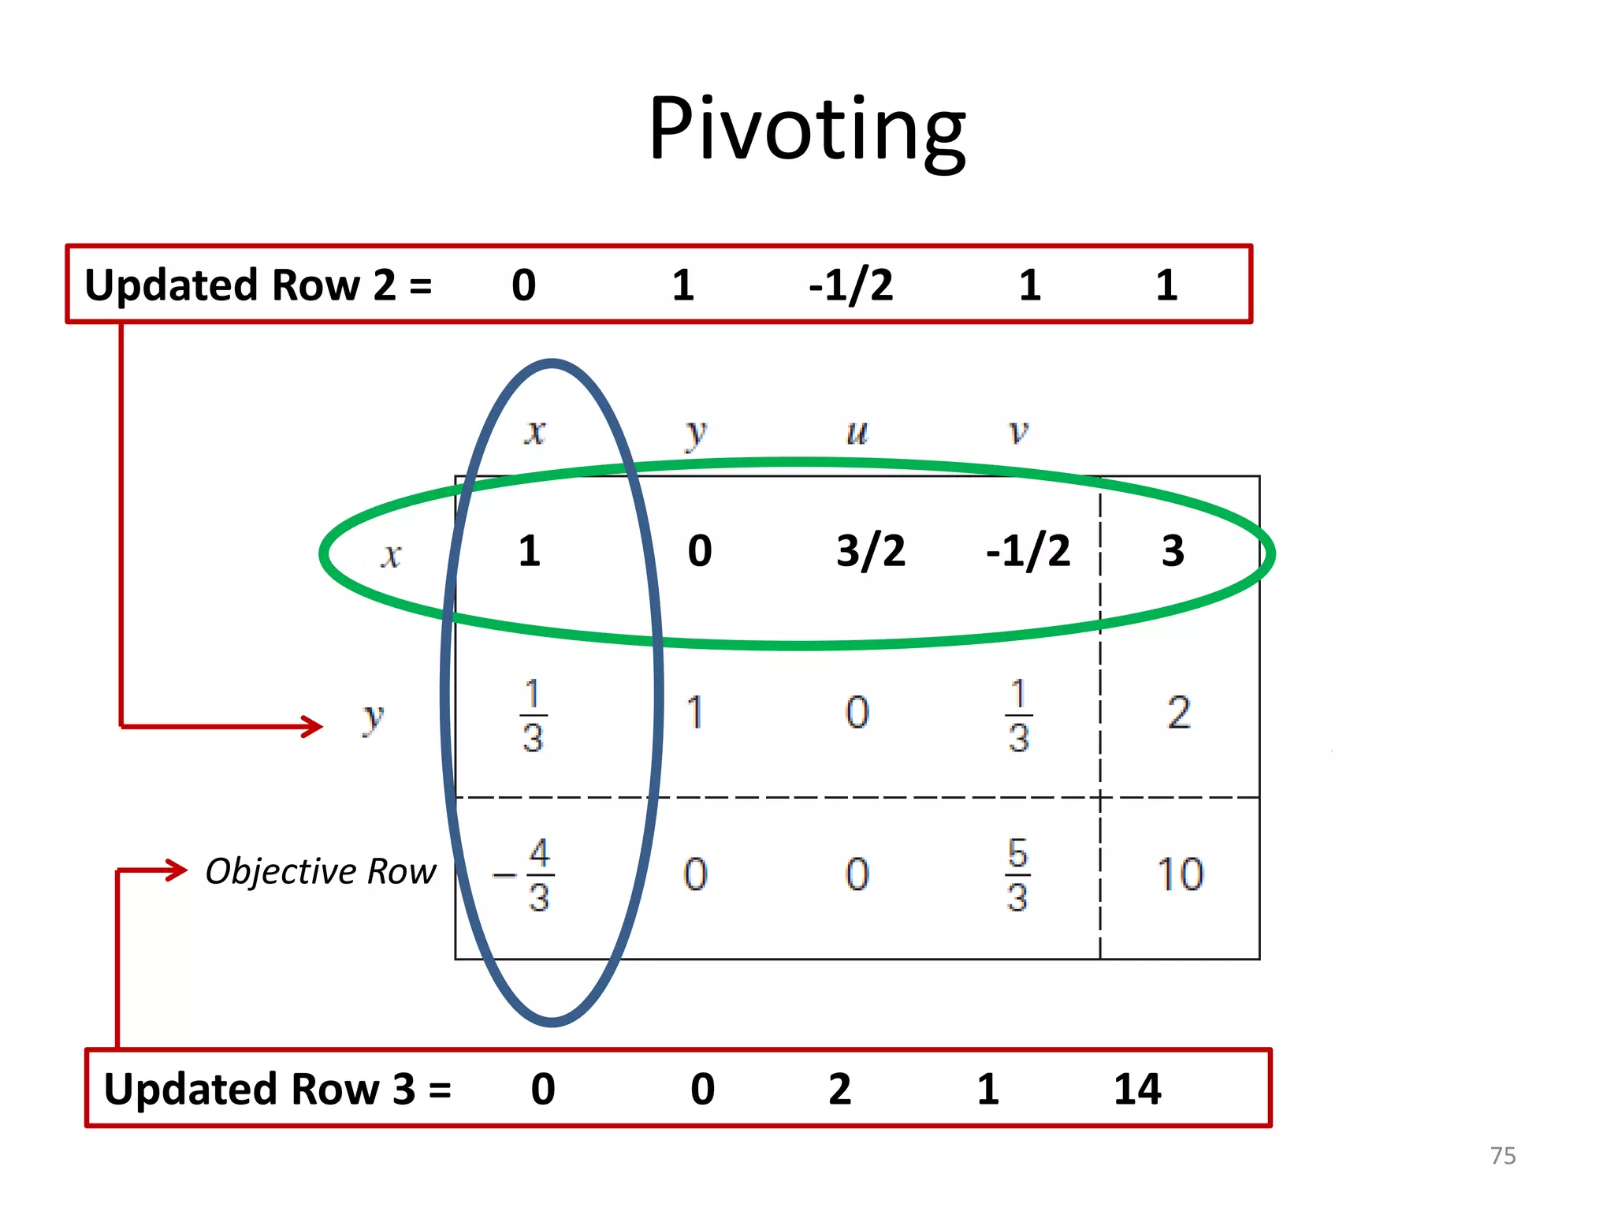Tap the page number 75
pyautogui.click(x=1503, y=1156)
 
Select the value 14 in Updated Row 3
pyautogui.click(x=1137, y=1089)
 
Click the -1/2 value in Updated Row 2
pyautogui.click(x=851, y=285)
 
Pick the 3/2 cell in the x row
pyautogui.click(x=871, y=550)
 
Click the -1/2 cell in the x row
pyautogui.click(x=1028, y=550)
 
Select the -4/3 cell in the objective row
pyautogui.click(x=526, y=875)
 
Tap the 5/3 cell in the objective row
pyautogui.click(x=1017, y=875)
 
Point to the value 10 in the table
pyautogui.click(x=1180, y=875)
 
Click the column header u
pyautogui.click(x=857, y=432)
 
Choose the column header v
pyautogui.click(x=1018, y=432)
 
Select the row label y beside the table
pyautogui.click(x=373, y=717)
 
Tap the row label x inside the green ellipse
pyautogui.click(x=391, y=556)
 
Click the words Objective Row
pyautogui.click(x=320, y=871)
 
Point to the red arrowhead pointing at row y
pyautogui.click(x=312, y=726)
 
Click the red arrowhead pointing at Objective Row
pyautogui.click(x=177, y=870)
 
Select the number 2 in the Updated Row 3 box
pyautogui.click(x=840, y=1089)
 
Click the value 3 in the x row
pyautogui.click(x=1173, y=550)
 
